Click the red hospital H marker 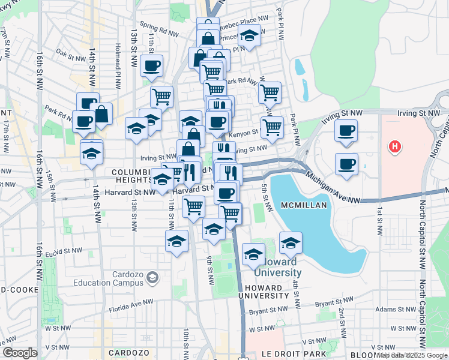pos(394,146)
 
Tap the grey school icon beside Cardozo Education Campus pos(152,277)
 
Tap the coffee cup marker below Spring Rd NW pos(152,65)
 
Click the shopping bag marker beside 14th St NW pos(101,113)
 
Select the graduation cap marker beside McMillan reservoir pos(291,242)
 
